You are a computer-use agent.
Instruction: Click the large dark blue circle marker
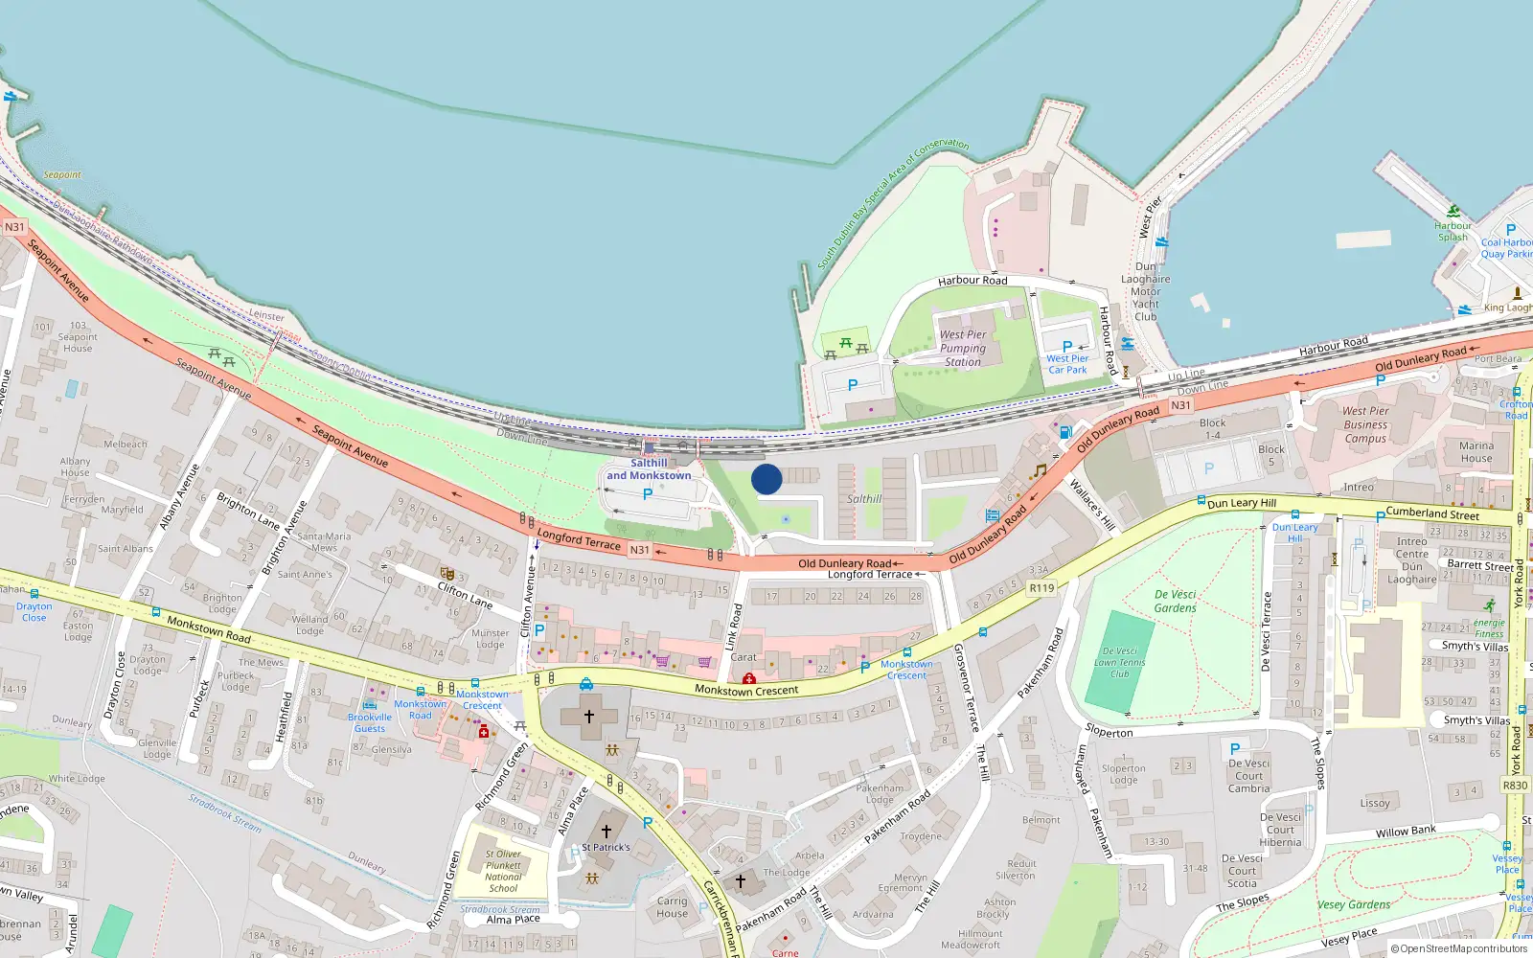pos(766,479)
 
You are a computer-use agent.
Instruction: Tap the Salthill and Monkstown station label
pos(649,469)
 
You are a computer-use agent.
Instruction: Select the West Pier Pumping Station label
pos(963,349)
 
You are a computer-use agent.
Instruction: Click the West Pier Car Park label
pos(1066,364)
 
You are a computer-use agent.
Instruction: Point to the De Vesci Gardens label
pos(1176,602)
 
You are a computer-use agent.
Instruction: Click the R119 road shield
pos(1041,588)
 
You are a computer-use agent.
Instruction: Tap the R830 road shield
pos(1515,786)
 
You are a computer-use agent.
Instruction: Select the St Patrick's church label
pos(606,848)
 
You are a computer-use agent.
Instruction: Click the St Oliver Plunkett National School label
pos(503,871)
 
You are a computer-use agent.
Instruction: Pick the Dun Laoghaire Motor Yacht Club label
pos(1146,291)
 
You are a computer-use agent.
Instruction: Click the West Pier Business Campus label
pos(1365,424)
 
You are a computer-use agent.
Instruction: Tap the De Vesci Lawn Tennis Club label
pos(1120,662)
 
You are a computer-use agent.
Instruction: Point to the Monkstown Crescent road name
pos(746,691)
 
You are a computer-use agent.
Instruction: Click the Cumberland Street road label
pos(1432,514)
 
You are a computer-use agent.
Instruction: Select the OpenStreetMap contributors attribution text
pos(1459,949)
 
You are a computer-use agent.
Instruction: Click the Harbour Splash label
pos(1453,232)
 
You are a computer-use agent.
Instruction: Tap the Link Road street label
pos(733,627)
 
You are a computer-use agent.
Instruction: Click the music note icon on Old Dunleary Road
pos(1039,471)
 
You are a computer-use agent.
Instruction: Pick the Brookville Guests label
pos(370,722)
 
